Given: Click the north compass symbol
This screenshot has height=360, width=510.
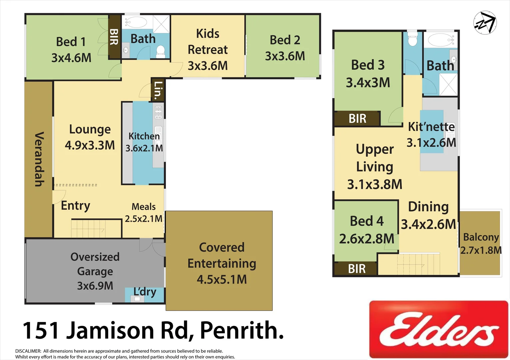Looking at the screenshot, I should (x=485, y=23).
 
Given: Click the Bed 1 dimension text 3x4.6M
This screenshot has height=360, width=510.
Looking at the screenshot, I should (x=71, y=58).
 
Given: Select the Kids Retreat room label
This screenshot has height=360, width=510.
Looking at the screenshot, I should (x=208, y=41).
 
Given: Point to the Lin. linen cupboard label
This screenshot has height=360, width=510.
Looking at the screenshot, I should (x=158, y=89).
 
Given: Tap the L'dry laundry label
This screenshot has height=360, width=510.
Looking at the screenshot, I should (x=145, y=292).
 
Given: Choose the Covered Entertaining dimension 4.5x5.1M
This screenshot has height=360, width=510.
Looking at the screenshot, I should (x=222, y=279).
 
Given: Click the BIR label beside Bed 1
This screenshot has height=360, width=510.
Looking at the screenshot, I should (x=114, y=37).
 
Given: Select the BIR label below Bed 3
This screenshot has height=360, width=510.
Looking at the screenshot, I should (x=357, y=119).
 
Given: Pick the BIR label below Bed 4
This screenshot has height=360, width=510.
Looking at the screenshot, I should (x=357, y=269).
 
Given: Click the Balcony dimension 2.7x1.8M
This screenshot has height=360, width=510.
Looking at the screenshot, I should (x=481, y=250).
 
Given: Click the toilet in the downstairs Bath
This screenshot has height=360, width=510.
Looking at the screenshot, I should (x=161, y=51).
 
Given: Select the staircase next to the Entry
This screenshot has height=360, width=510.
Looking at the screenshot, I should (x=88, y=229).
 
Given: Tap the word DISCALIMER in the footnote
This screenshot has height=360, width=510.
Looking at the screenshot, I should (x=28, y=351).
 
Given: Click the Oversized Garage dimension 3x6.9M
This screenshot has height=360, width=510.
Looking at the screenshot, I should (x=95, y=286).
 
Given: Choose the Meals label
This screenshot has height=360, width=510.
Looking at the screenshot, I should (x=144, y=207).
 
